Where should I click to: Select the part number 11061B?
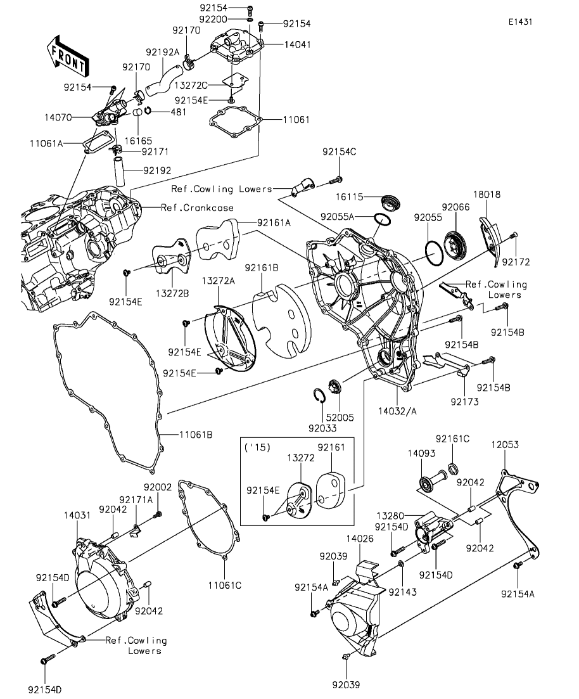(x=195, y=434)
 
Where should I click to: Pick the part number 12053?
(x=505, y=445)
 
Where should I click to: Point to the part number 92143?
(x=400, y=591)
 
